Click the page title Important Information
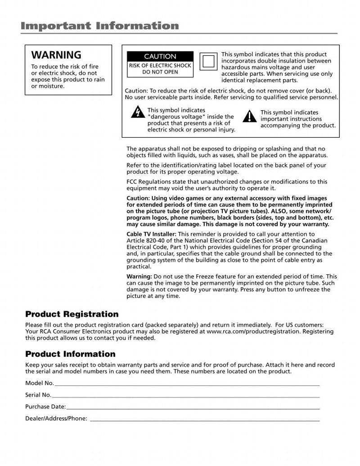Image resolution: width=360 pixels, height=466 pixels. (x=99, y=26)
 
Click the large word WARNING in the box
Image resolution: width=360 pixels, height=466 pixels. (x=56, y=55)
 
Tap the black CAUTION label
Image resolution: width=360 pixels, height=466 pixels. (x=160, y=57)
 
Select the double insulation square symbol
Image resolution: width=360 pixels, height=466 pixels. (x=208, y=62)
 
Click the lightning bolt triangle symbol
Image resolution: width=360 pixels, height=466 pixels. (x=138, y=112)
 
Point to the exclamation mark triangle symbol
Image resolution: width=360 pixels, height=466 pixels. (x=249, y=116)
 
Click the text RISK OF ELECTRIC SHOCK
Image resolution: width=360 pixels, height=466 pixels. (x=160, y=66)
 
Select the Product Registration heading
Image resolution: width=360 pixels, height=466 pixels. (x=72, y=314)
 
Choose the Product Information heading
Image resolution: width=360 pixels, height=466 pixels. (x=70, y=354)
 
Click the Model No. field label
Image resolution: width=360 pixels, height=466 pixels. (x=40, y=383)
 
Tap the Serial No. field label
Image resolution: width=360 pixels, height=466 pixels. (x=38, y=395)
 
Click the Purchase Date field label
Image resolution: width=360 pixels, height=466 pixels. (x=45, y=407)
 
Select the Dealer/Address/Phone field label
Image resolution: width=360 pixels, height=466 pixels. (x=56, y=418)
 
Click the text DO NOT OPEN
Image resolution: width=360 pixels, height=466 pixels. (x=160, y=72)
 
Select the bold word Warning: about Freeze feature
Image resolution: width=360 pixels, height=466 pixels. (x=139, y=276)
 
